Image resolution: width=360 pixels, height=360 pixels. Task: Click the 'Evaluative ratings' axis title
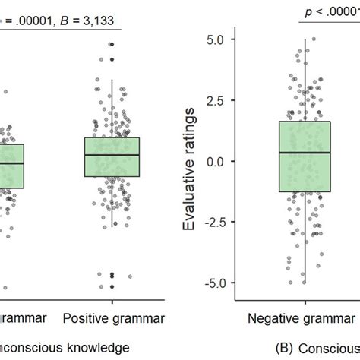pos(194,161)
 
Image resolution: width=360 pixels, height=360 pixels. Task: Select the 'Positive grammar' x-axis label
pos(112,317)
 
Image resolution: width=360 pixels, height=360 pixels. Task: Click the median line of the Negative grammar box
pos(304,153)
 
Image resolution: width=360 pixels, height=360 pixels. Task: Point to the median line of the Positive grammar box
pos(112,155)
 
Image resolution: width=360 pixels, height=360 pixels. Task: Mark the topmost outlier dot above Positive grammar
pos(112,45)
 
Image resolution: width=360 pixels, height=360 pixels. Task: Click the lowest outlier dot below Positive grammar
pos(112,286)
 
